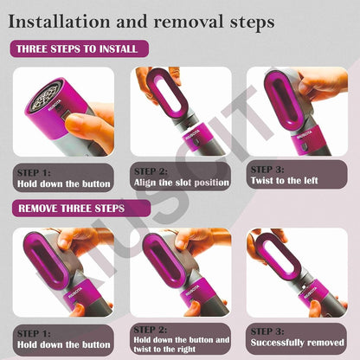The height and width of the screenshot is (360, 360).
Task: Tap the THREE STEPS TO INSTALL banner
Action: (x=78, y=49)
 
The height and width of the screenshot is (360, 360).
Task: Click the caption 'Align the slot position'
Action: (x=180, y=183)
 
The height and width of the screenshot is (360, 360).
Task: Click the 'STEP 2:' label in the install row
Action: (x=151, y=171)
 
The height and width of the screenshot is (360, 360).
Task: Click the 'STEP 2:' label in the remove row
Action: (x=151, y=330)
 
